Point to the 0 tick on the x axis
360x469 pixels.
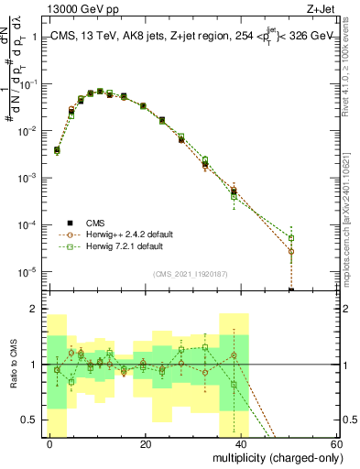tap(49, 443)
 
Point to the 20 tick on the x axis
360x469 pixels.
tap(145, 443)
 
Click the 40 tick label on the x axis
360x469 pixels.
tap(240, 443)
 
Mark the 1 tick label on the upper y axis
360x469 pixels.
tap(37, 37)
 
